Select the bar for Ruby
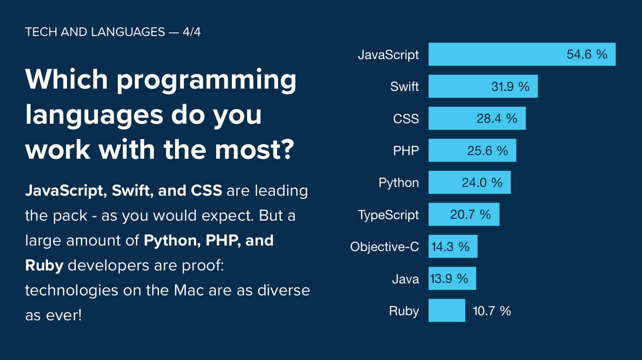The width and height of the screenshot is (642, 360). [447, 311]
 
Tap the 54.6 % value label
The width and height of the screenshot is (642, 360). [587, 54]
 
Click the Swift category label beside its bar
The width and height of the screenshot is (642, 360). [405, 86]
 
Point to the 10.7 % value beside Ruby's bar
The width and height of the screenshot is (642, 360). [492, 311]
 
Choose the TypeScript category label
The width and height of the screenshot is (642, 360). [388, 215]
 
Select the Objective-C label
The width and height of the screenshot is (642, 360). [384, 246]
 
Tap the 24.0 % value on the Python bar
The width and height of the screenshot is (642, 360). [482, 183]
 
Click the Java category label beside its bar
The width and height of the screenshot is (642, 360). [406, 279]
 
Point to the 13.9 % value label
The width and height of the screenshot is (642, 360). [449, 279]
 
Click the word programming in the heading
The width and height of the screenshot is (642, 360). [206, 81]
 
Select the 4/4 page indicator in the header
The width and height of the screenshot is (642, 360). [191, 32]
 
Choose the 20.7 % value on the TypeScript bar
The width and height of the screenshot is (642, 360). [470, 215]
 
